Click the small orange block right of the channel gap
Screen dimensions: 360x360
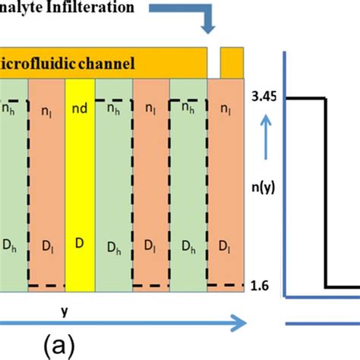pos(232,62)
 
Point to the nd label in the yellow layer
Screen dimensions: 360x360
pos(80,108)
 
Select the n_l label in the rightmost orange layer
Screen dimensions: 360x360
pos(225,109)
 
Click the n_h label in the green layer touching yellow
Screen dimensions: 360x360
pos(113,109)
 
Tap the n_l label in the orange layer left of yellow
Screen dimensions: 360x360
pos(45,109)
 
